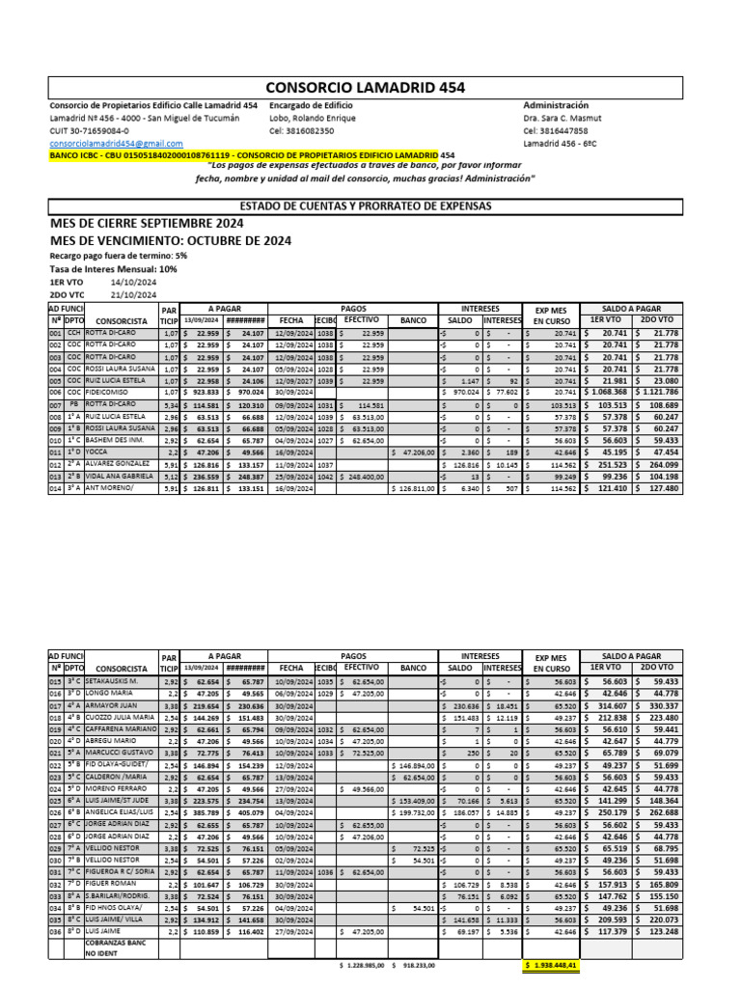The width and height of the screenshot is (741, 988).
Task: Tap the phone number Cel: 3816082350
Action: click(x=302, y=130)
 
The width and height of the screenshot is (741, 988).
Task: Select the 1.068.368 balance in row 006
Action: click(x=607, y=393)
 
